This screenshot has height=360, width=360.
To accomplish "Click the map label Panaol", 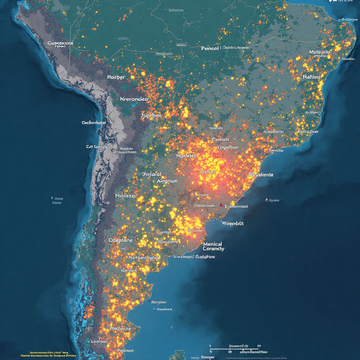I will click(x=210, y=48).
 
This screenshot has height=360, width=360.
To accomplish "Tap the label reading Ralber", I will click(x=116, y=77).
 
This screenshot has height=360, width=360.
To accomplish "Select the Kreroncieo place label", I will click(x=134, y=99).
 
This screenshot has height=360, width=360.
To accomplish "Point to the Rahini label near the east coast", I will click(x=311, y=77).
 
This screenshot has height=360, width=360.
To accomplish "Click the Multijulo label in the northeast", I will click(x=320, y=52).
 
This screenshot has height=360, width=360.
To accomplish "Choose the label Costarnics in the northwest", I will click(x=60, y=43).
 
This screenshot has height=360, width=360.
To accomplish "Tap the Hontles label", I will click(x=186, y=155).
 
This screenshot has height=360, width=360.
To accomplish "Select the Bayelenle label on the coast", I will click(x=261, y=174).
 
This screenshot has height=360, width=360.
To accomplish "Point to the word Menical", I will click(x=212, y=244).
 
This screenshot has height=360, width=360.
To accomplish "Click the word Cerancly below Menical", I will click(x=213, y=249).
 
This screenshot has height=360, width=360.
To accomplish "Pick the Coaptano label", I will click(x=121, y=240).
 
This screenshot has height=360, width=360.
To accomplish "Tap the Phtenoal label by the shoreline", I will click(x=233, y=223).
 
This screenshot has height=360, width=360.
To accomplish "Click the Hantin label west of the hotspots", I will click(x=125, y=195).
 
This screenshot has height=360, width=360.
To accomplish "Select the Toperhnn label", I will click(x=228, y=148).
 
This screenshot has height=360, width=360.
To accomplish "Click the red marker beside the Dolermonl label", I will click(x=221, y=205).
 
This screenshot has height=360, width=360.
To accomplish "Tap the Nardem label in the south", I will click(x=129, y=271).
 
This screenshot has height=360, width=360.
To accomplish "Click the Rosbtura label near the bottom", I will click(x=120, y=328).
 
